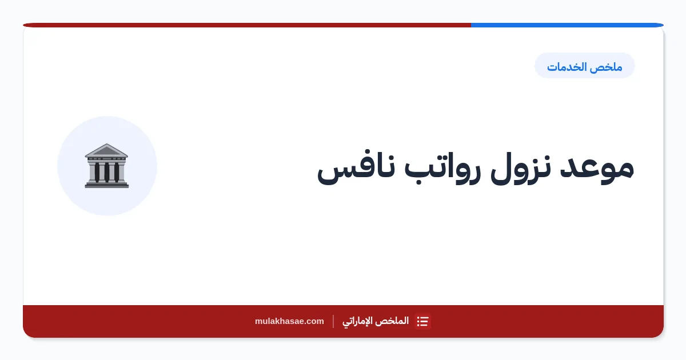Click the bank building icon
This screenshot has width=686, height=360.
click(106, 166)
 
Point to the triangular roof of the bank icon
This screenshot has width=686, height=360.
click(106, 150)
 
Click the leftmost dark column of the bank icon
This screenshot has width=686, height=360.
click(97, 172)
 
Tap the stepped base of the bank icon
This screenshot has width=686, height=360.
click(106, 185)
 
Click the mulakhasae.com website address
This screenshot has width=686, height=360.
click(289, 321)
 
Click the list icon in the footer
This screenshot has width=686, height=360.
click(422, 321)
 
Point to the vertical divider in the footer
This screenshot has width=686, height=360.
click(333, 321)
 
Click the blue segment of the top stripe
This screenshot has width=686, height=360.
click(567, 25)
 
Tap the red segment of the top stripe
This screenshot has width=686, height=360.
click(247, 25)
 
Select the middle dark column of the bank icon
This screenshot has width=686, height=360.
click(107, 172)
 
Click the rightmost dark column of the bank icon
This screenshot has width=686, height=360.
click(117, 172)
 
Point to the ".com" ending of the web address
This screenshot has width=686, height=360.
click(314, 321)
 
